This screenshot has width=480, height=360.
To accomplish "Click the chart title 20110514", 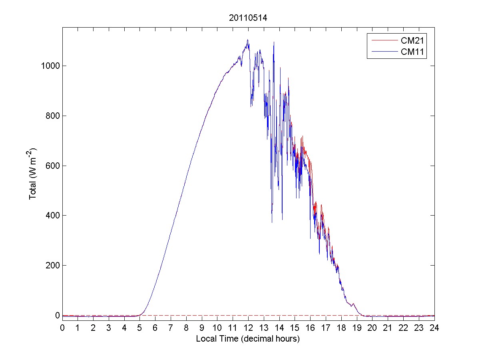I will tap(248, 18).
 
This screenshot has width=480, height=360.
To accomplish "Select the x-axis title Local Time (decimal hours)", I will tap(248, 339).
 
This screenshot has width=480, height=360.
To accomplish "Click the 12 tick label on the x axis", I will tap(248, 328).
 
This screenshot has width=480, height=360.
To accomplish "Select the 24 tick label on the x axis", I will tap(434, 328).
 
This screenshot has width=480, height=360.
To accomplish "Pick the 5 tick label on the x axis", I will tap(140, 328).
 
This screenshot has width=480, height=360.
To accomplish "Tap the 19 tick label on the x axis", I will tap(357, 328).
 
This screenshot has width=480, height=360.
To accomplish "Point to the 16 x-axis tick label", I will tap(311, 328).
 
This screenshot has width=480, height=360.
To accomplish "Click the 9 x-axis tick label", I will tap(202, 328).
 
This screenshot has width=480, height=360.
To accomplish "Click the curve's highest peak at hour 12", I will tap(248, 40).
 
